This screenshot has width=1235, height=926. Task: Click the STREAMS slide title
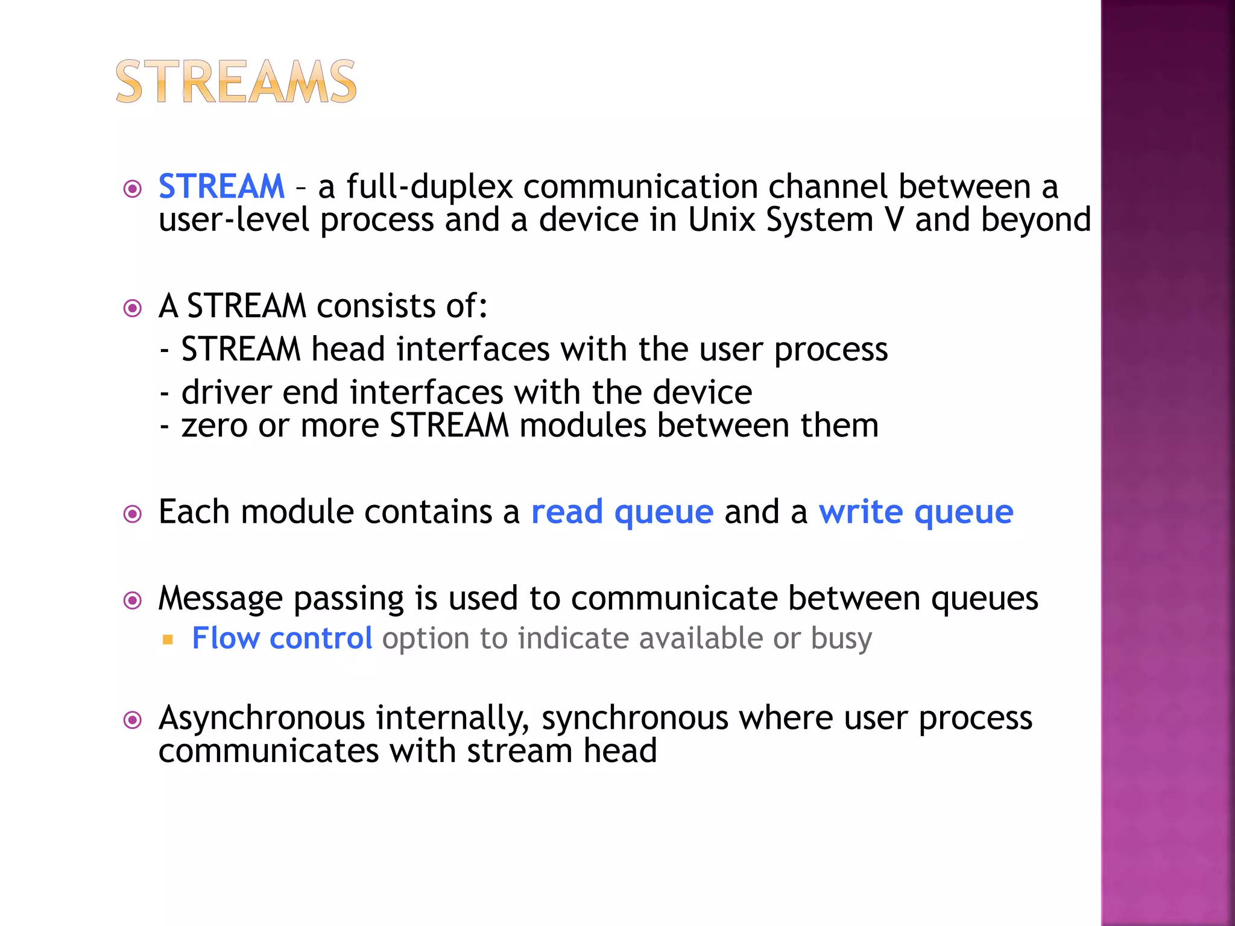[236, 82]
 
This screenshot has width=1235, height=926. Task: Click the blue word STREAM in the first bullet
[221, 186]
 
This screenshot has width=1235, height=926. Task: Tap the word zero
[214, 426]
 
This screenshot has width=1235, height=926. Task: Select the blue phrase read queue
[622, 512]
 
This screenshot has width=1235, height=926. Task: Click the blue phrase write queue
[915, 512]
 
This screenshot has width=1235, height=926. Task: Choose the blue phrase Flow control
[282, 638]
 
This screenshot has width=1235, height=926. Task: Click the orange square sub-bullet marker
[168, 639]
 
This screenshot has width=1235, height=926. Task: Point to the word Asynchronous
[262, 719]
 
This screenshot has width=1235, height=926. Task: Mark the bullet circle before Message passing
[132, 600]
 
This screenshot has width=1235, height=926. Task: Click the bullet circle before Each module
[132, 514]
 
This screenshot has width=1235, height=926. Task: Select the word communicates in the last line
[268, 751]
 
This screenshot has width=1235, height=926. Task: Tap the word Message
[220, 599]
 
